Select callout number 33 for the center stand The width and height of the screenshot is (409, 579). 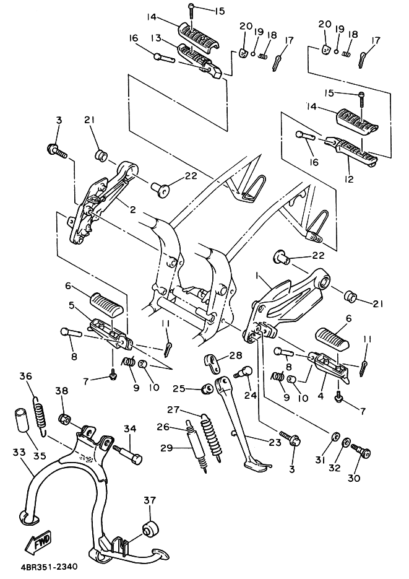pyautogui.click(x=19, y=452)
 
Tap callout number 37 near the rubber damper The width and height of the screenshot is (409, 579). pyautogui.click(x=150, y=500)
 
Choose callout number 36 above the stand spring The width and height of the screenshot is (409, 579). pyautogui.click(x=26, y=377)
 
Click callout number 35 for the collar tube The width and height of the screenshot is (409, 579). pyautogui.click(x=40, y=456)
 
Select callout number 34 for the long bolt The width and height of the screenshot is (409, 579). pyautogui.click(x=130, y=429)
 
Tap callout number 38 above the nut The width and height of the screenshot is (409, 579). pyautogui.click(x=62, y=391)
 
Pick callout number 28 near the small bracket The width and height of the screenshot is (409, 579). pyautogui.click(x=236, y=355)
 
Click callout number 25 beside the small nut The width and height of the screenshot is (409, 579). pyautogui.click(x=179, y=388)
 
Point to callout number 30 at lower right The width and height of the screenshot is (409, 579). pyautogui.click(x=354, y=478)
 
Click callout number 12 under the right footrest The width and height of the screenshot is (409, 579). pyautogui.click(x=349, y=179)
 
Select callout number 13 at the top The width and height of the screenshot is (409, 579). pyautogui.click(x=157, y=38)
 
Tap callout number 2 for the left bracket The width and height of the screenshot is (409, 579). pyautogui.click(x=132, y=210)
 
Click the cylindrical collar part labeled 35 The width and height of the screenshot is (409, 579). pyautogui.click(x=22, y=420)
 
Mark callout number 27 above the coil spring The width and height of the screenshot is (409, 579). pyautogui.click(x=173, y=409)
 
